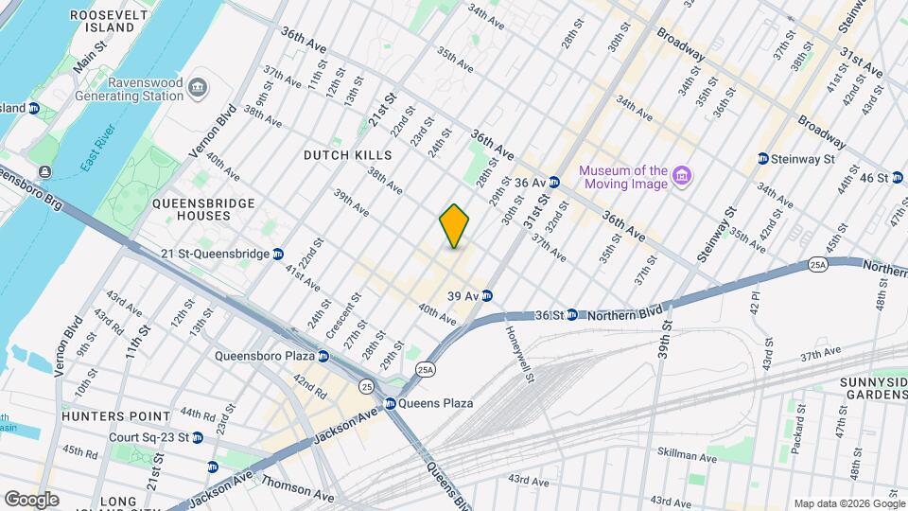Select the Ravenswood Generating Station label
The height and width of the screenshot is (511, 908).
tap(145, 90)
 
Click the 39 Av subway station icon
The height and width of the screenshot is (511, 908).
tap(487, 296)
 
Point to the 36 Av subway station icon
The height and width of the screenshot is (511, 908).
tap(555, 182)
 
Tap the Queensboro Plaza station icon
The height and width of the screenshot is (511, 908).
tap(323, 357)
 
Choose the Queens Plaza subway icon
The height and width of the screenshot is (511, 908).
tap(389, 403)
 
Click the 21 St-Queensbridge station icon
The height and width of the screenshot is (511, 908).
tap(278, 254)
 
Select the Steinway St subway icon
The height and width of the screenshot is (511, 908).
tap(762, 159)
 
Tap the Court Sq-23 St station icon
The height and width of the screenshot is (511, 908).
tap(197, 438)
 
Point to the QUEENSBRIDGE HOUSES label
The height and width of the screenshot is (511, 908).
tap(190, 209)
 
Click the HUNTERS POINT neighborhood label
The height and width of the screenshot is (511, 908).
tap(116, 415)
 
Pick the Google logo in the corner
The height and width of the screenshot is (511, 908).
tap(30, 499)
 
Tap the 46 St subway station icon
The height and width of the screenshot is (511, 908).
tap(897, 178)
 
